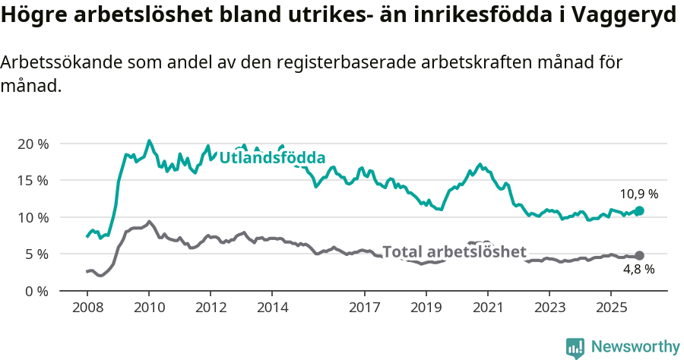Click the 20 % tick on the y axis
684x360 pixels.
tap(33, 144)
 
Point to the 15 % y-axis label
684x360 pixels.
tap(33, 180)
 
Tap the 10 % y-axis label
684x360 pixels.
tap(33, 217)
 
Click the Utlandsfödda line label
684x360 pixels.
tap(272, 158)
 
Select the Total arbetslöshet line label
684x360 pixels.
tap(454, 252)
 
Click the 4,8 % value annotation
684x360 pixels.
tap(638, 269)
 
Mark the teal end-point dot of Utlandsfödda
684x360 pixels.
tap(639, 210)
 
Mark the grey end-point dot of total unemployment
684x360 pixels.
tap(639, 256)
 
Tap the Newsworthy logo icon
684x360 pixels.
tap(575, 347)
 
